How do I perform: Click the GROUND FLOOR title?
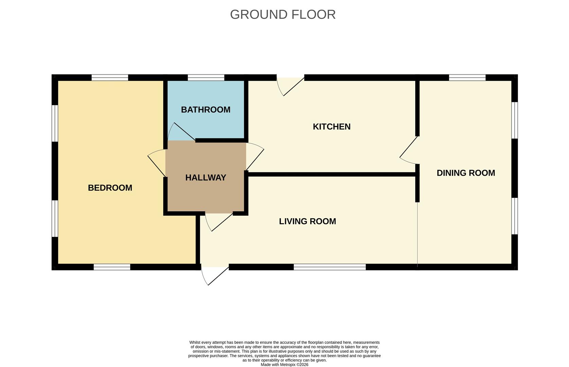coord(283,15)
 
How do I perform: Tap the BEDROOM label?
coord(110,188)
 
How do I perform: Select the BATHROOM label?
coord(205,110)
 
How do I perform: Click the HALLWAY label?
coord(205,177)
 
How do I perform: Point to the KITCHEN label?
coord(331,127)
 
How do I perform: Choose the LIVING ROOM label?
coord(307,221)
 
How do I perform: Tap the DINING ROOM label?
coord(465,173)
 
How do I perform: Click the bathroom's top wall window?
coord(206,77)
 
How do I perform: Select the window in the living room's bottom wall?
coord(329,267)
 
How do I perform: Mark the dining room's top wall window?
coord(467,77)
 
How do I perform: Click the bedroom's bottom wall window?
coord(112,267)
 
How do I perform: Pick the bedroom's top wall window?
coord(110,77)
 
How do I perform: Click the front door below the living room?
coord(214,275)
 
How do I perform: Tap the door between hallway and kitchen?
coord(254,156)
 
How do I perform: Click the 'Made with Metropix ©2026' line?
coord(284,365)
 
